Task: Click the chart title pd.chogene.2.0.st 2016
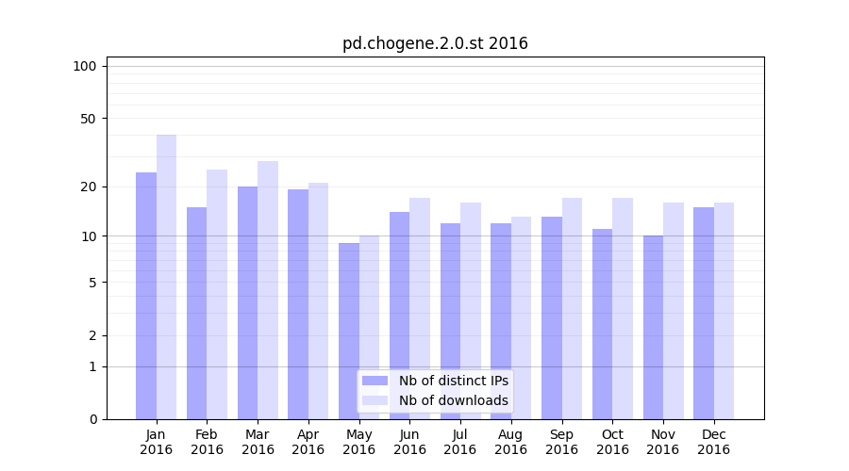[x=435, y=43]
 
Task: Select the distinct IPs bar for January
[x=146, y=296]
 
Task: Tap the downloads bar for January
[x=167, y=277]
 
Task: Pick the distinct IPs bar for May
[x=349, y=331]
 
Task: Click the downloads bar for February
[x=217, y=294]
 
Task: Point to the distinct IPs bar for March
[x=247, y=302]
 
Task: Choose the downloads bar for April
[x=318, y=300]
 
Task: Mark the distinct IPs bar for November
[x=653, y=327]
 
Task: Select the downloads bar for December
[x=724, y=311]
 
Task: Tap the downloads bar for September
[x=572, y=308]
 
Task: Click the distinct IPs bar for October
[x=602, y=324]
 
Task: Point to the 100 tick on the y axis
[x=85, y=66]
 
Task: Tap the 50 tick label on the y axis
[x=89, y=119]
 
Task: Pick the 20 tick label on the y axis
[x=89, y=187]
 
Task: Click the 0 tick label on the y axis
[x=92, y=419]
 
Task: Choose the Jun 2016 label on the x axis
[x=409, y=442]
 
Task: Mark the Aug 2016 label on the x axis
[x=510, y=442]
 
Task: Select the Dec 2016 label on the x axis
[x=713, y=442]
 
